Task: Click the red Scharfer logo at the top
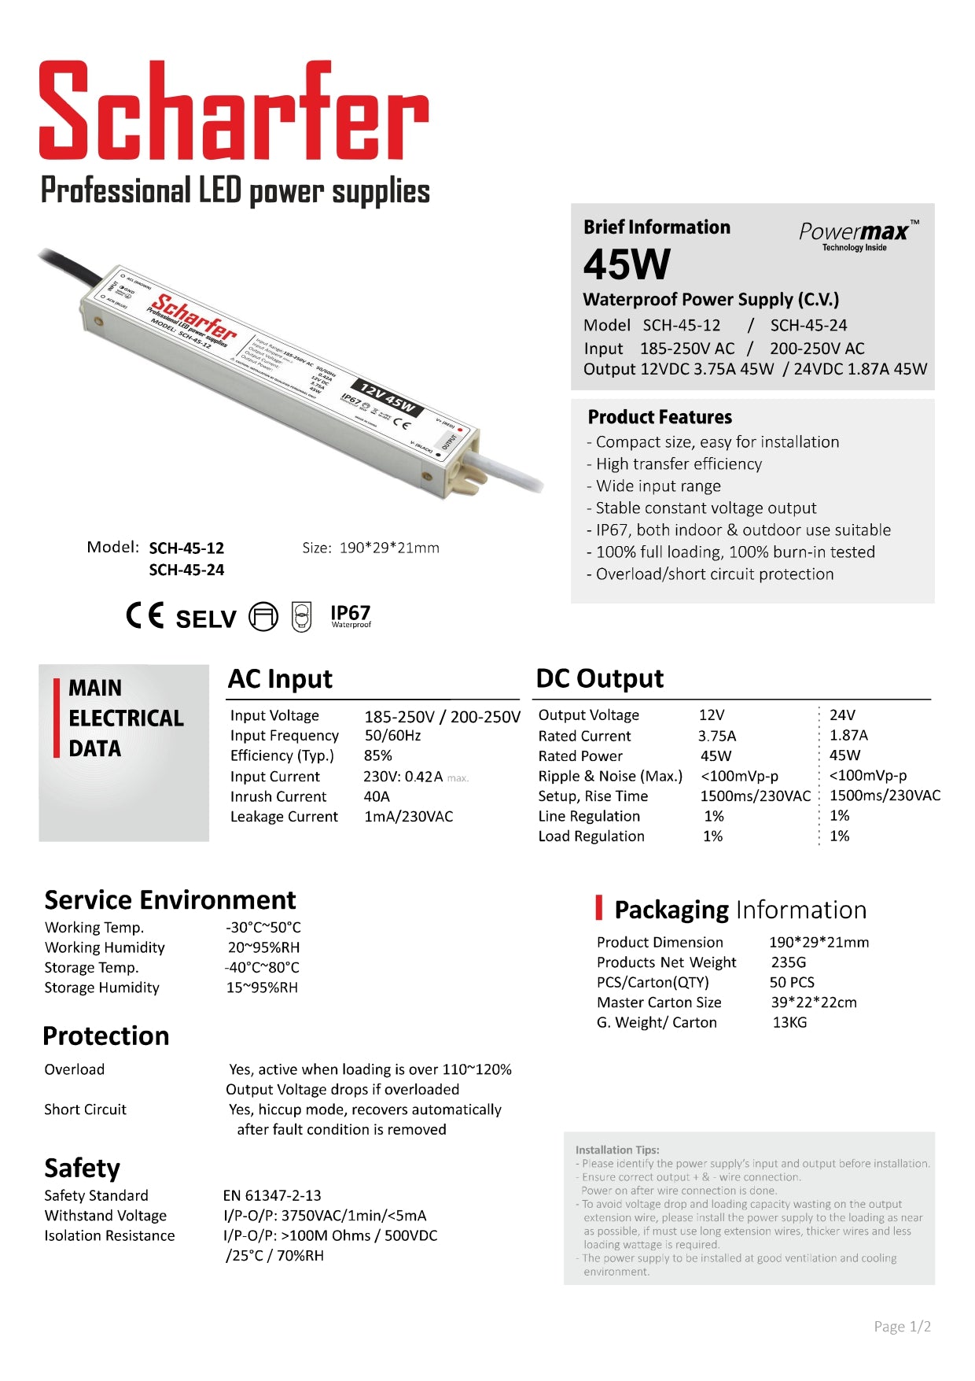234,111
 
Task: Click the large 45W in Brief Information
627,264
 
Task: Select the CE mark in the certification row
145,615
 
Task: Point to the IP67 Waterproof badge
350,616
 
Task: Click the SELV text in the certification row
206,619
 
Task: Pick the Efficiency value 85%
378,755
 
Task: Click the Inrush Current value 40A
377,796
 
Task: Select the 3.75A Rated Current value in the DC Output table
717,736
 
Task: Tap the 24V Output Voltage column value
842,715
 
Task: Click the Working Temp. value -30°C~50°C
263,928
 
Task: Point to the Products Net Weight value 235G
789,962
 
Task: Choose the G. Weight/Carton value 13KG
789,1022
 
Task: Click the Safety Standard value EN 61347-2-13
272,1195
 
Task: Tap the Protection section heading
106,1036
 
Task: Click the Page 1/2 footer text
902,1327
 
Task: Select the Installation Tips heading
617,1150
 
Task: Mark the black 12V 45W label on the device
388,398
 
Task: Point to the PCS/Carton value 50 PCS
792,982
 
